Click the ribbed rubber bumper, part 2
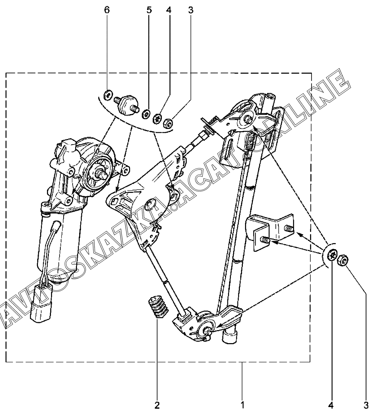coord(158,306)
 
